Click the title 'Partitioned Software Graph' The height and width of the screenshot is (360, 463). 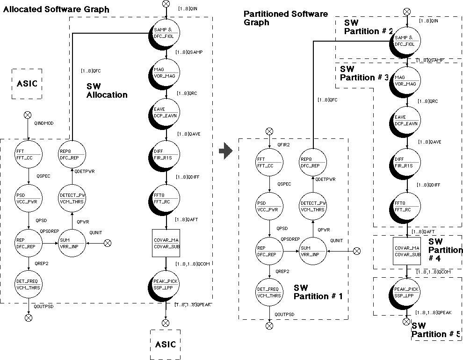(x=286, y=18)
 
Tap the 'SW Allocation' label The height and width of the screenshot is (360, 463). (x=107, y=91)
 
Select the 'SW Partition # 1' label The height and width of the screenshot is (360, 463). (x=318, y=292)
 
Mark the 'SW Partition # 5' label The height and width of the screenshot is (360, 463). (x=435, y=330)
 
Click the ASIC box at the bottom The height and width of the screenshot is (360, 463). (x=166, y=344)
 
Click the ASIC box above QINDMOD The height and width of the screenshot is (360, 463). (x=26, y=84)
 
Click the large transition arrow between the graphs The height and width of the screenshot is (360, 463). (x=226, y=151)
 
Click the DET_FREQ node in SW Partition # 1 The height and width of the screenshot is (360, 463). (x=269, y=292)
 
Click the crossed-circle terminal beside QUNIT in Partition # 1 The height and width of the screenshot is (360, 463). (x=356, y=251)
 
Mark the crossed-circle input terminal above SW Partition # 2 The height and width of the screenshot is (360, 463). (x=407, y=11)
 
